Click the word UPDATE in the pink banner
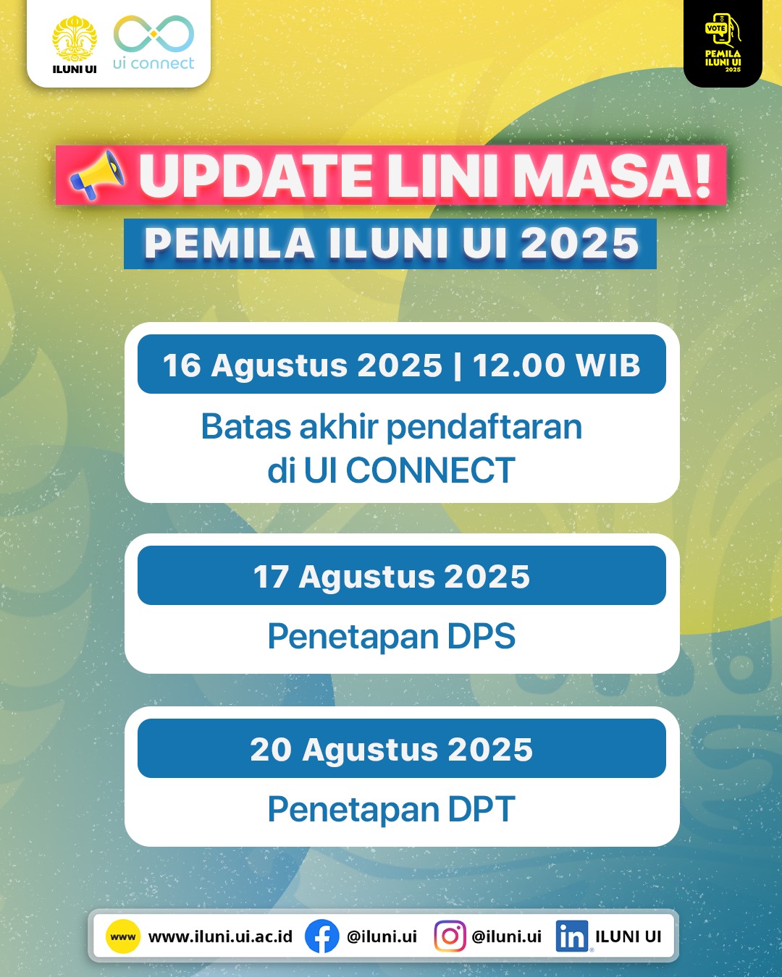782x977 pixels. point(256,176)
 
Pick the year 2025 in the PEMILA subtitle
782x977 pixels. point(579,243)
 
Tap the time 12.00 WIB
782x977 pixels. point(556,365)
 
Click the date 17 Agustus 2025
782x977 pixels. point(392,577)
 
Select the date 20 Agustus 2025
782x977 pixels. point(392,750)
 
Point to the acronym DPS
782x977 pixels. point(481,637)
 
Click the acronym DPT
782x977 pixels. point(481,809)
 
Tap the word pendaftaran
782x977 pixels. point(484,427)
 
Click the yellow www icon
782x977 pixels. point(123,936)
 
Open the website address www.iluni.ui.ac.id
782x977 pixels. point(220,936)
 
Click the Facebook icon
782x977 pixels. point(321,936)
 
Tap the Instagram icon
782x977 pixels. point(450,936)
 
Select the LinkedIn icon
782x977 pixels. point(572,936)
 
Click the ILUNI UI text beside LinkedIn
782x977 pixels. point(628,936)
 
